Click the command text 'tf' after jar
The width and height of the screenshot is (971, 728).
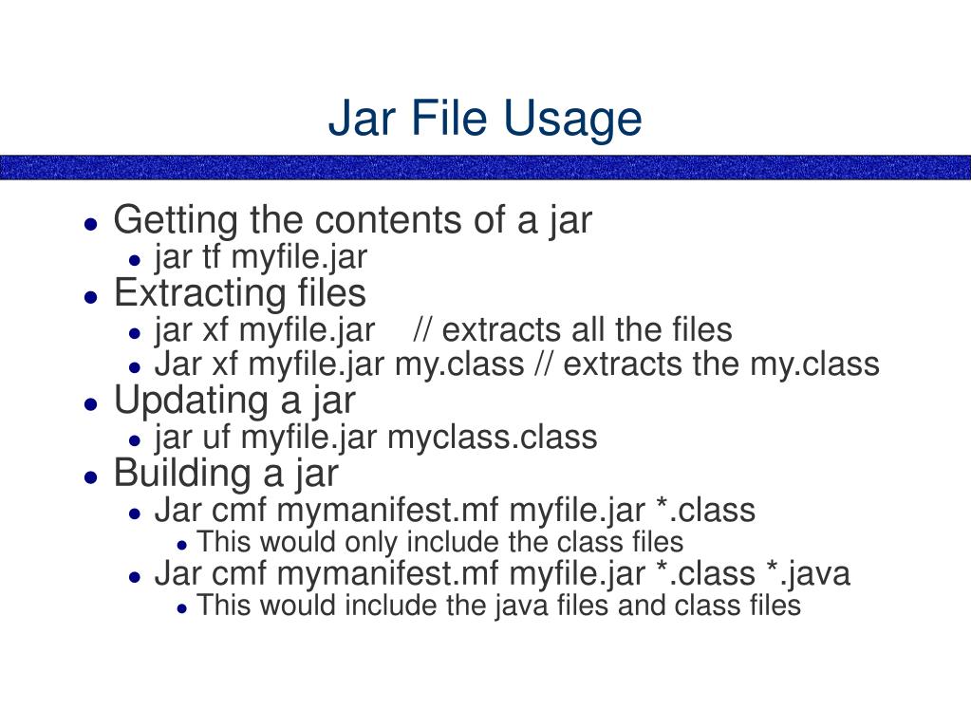coord(210,256)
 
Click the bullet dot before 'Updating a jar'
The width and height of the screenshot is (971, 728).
coord(90,402)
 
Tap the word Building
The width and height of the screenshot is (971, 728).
coord(179,473)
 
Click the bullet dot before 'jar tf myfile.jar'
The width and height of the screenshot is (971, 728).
coord(136,258)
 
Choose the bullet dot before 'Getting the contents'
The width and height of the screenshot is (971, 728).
coord(90,224)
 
